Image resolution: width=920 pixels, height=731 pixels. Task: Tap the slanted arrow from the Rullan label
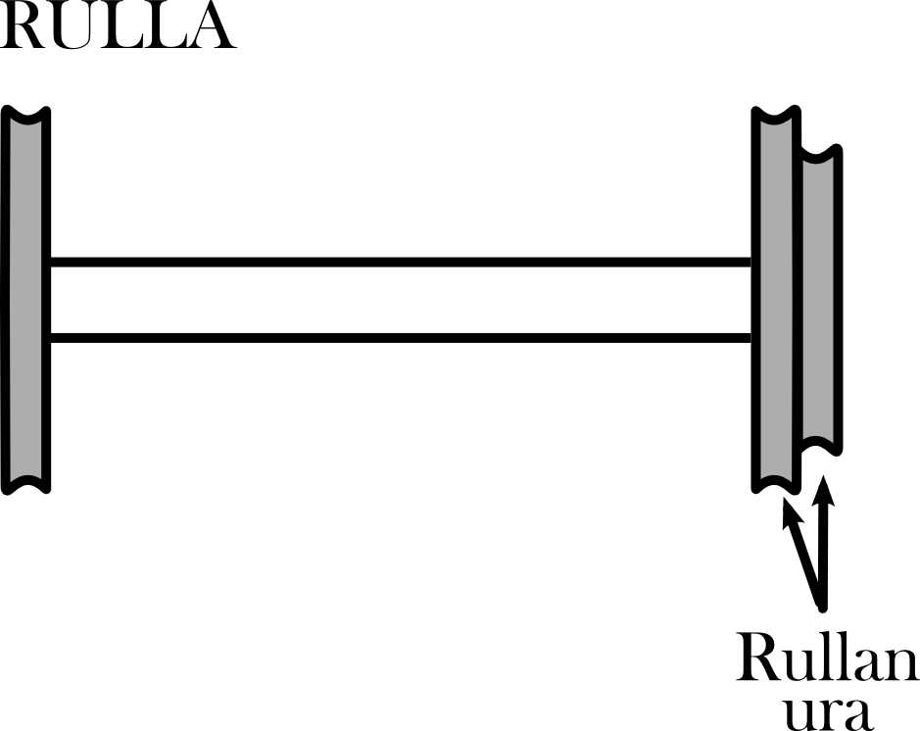[801, 549]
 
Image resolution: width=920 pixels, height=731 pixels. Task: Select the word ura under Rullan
[828, 712]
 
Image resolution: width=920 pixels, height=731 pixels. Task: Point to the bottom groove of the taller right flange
[777, 482]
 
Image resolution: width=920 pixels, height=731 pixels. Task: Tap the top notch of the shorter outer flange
[821, 153]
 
